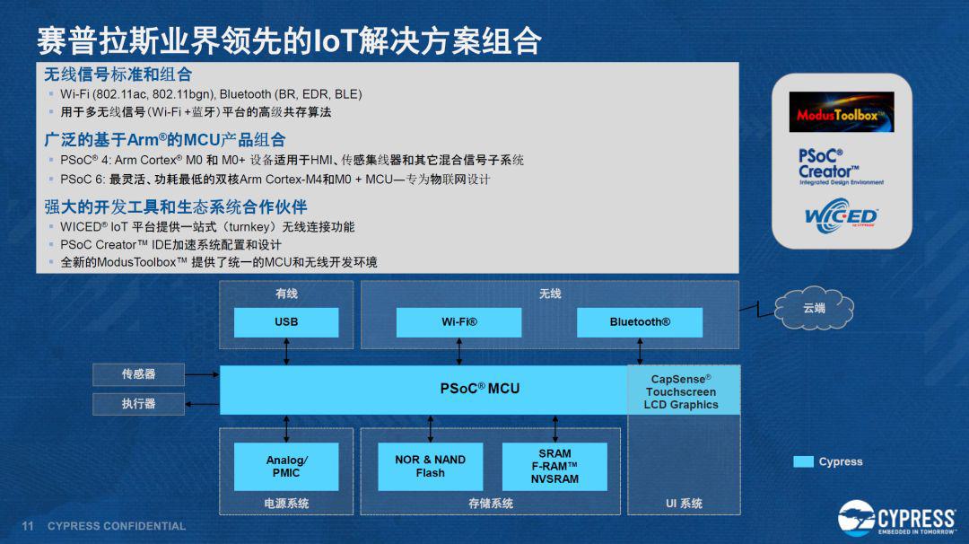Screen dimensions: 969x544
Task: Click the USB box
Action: pos(286,322)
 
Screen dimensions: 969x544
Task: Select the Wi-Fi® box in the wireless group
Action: pos(458,322)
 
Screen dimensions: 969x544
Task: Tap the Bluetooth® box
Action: pos(640,322)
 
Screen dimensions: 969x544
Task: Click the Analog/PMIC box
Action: pos(286,467)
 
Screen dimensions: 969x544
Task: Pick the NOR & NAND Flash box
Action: pos(430,467)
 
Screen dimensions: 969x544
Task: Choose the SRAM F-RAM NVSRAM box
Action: pos(554,467)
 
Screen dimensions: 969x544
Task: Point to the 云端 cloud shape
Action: pos(814,308)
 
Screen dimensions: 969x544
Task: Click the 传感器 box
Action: pos(138,374)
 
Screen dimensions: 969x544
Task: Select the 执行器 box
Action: pos(138,404)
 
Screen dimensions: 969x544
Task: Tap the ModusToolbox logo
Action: pos(841,112)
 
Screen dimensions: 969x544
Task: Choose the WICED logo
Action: pos(841,215)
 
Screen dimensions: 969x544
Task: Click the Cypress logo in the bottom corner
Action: pos(897,517)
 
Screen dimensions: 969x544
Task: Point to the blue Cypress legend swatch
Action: pos(803,461)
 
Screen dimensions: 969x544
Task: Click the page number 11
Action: pos(27,526)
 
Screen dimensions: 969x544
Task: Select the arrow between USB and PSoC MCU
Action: pos(286,351)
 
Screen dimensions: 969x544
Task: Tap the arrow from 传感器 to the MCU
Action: pos(202,374)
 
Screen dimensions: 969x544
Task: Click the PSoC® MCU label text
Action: pos(479,389)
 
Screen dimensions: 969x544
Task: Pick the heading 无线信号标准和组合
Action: pos(118,75)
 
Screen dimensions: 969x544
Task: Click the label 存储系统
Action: pos(491,504)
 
